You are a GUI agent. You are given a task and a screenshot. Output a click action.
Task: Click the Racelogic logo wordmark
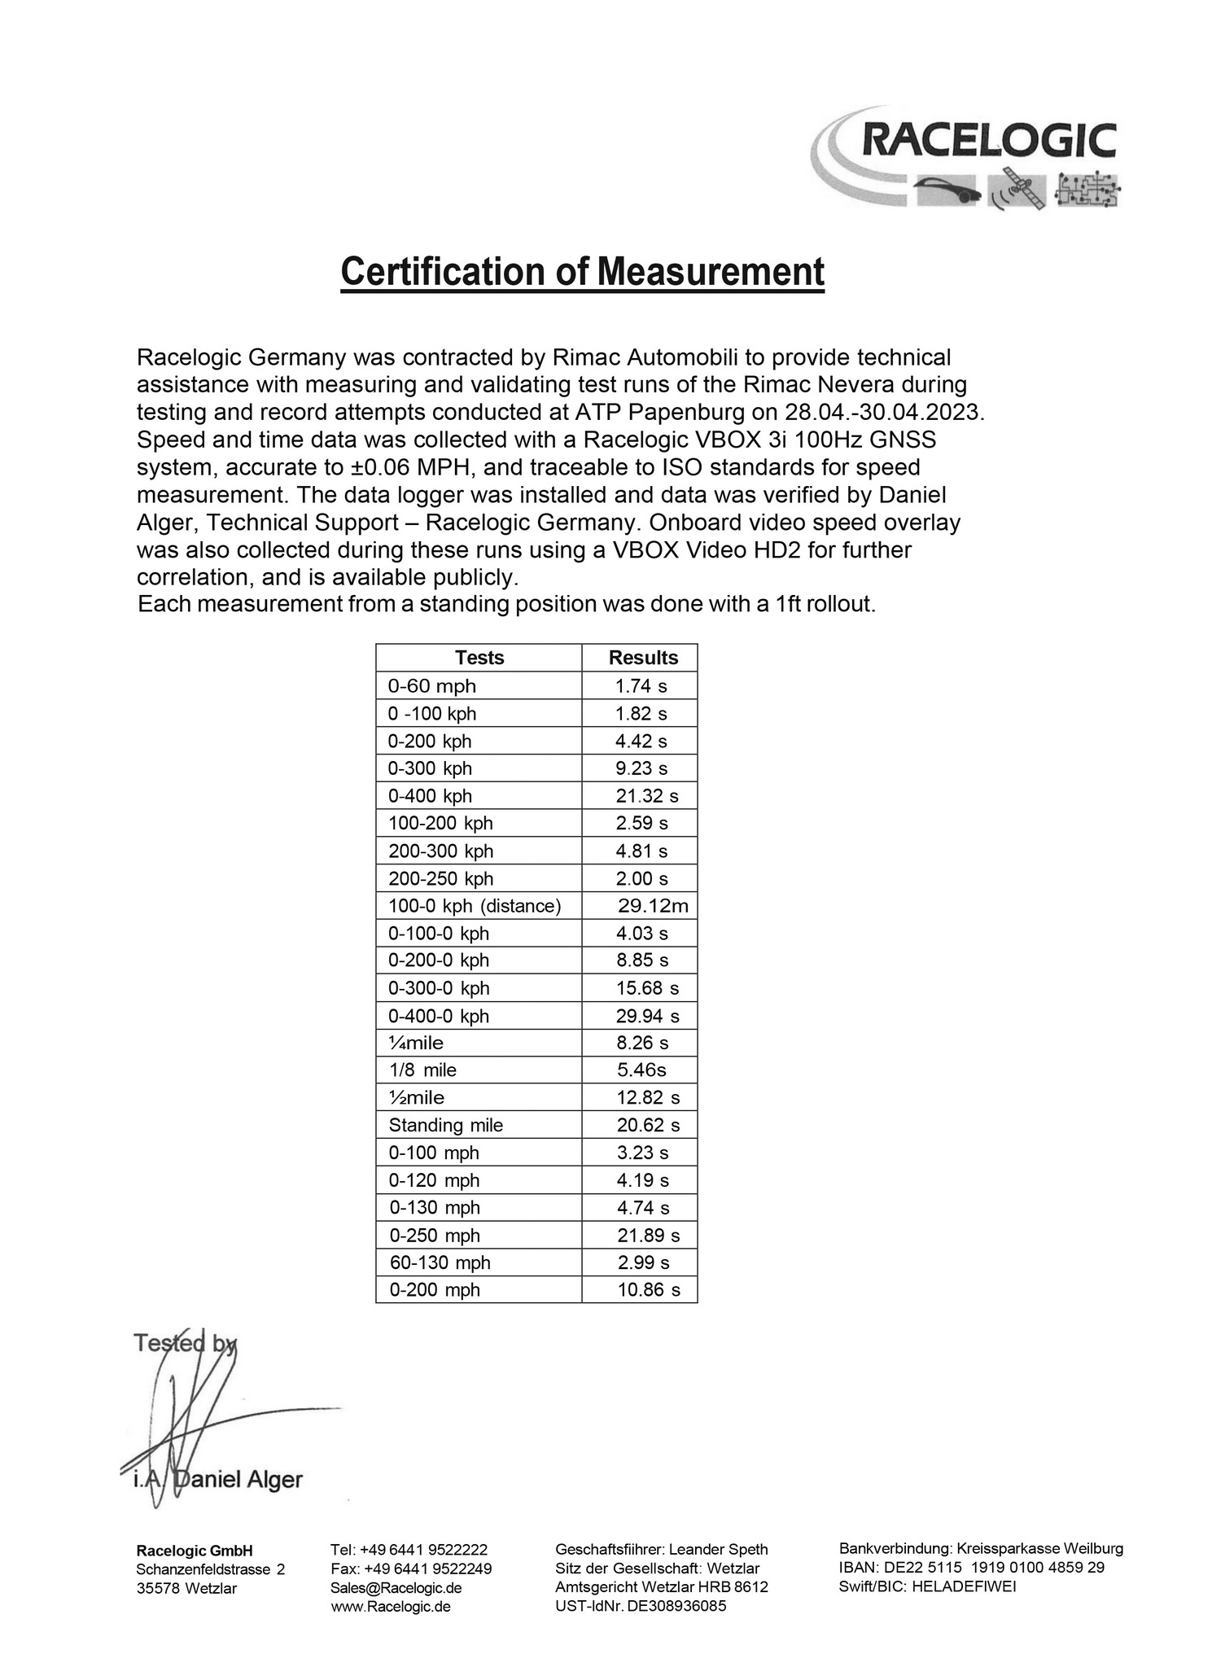[988, 141]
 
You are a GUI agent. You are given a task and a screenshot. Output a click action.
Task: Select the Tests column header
[479, 658]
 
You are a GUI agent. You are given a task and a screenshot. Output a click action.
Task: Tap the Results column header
[643, 658]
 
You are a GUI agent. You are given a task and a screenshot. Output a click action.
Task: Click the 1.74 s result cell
[641, 686]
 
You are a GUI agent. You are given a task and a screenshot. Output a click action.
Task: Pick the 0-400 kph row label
[430, 796]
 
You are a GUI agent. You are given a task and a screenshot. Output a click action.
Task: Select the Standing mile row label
[446, 1125]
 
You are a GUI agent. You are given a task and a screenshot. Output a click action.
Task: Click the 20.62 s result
[648, 1125]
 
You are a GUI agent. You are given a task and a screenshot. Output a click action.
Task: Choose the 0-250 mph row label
[435, 1235]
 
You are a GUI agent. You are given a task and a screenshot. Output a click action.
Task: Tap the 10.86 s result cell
[648, 1289]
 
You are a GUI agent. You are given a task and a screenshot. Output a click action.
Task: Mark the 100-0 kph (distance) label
[475, 906]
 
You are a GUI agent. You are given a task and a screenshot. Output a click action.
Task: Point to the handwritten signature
[195, 1416]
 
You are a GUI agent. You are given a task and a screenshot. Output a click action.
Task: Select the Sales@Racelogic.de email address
[396, 1588]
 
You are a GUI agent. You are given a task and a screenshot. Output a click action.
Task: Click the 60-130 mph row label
[440, 1262]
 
